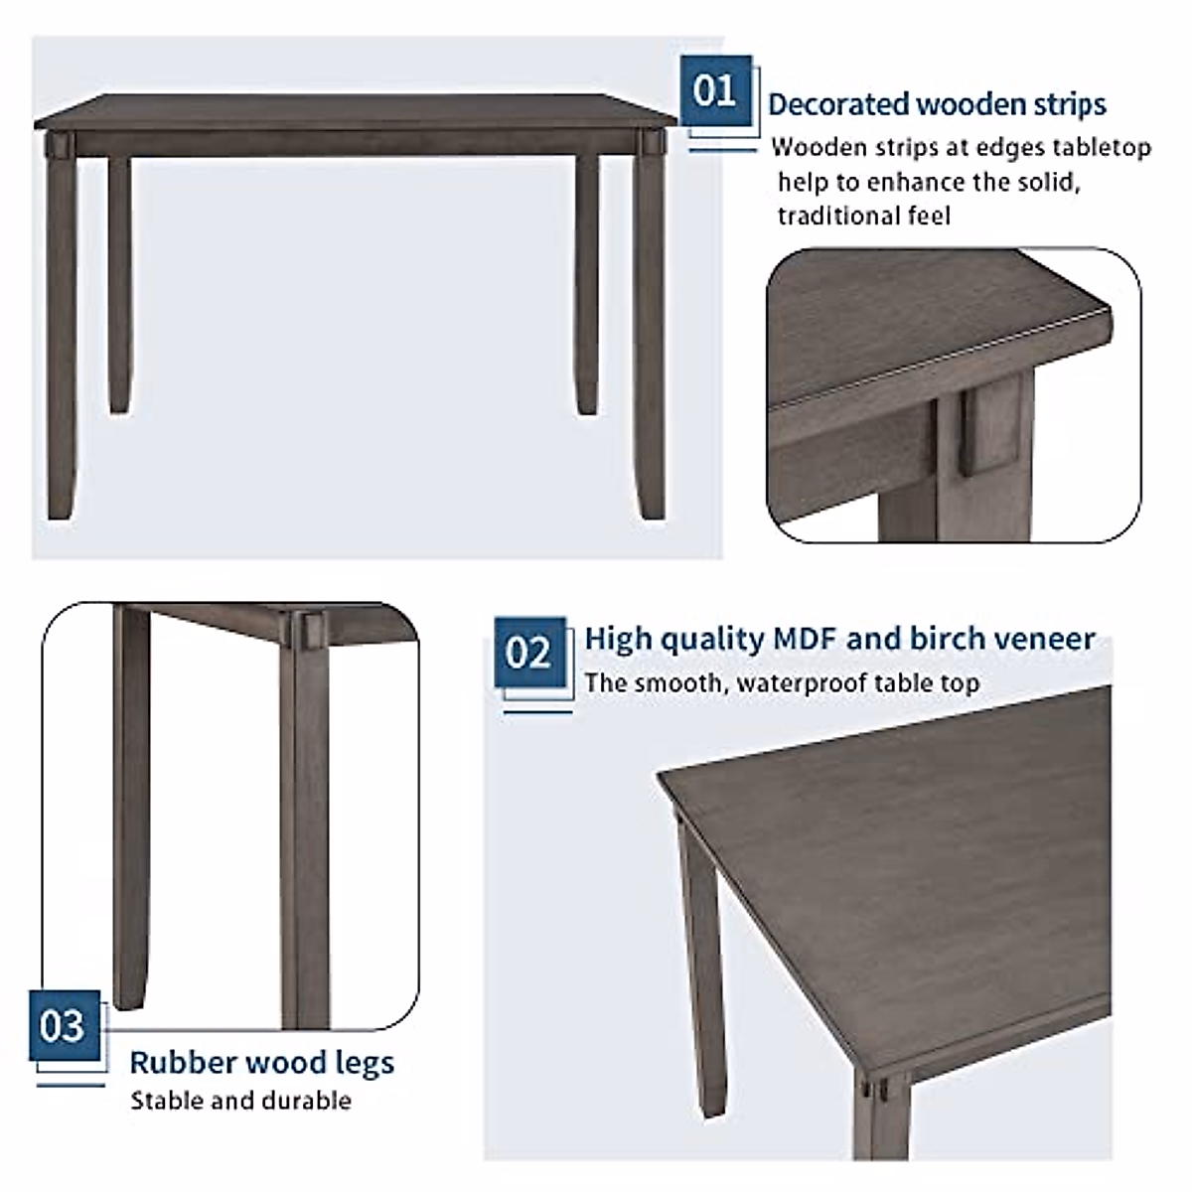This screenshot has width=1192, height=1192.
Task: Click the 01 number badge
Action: pyautogui.click(x=715, y=92)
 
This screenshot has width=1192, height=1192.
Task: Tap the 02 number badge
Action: pyautogui.click(x=528, y=653)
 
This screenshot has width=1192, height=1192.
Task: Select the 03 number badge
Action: pyautogui.click(x=64, y=1025)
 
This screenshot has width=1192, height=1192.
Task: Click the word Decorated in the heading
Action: pyautogui.click(x=838, y=104)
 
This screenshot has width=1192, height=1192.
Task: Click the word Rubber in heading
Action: pyautogui.click(x=184, y=1063)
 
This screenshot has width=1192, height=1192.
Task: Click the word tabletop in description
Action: pyautogui.click(x=1105, y=148)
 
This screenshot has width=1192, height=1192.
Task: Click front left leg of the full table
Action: pyautogui.click(x=63, y=338)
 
